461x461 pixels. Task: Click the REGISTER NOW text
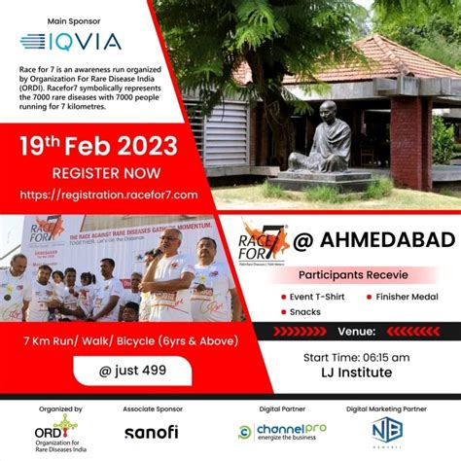pos(100,173)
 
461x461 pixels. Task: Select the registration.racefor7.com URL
pos(109,195)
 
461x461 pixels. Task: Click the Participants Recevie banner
pos(347,274)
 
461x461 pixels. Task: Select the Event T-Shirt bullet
pos(316,297)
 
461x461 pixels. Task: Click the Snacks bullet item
pos(304,312)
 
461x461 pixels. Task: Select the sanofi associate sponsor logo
pos(151,431)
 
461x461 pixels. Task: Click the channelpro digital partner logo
pos(282,431)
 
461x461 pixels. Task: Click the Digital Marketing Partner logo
pos(386,431)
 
